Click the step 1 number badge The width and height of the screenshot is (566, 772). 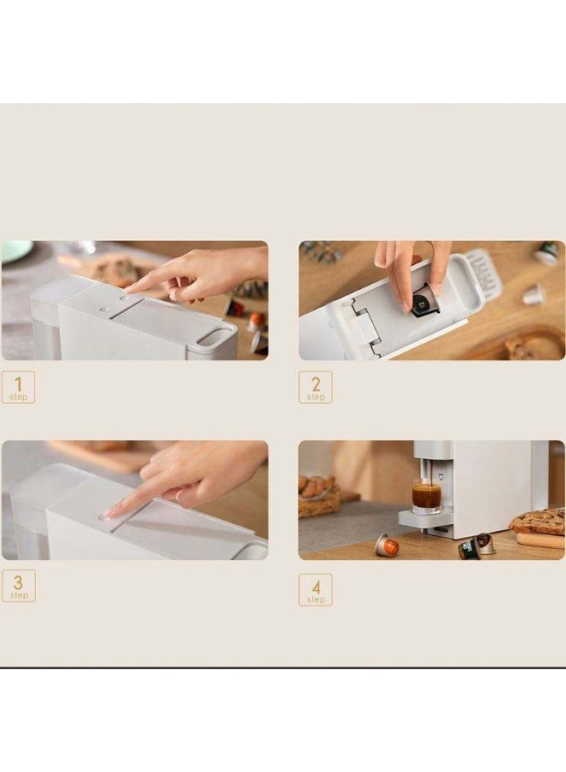click(x=18, y=387)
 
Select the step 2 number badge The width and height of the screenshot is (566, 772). click(x=316, y=387)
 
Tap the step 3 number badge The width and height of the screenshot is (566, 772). click(x=18, y=585)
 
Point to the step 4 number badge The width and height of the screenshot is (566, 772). click(x=316, y=589)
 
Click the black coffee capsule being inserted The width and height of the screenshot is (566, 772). click(x=422, y=304)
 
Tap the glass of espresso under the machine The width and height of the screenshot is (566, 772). click(x=426, y=496)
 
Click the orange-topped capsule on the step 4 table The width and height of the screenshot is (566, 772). click(x=387, y=546)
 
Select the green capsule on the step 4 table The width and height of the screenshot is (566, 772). click(x=469, y=549)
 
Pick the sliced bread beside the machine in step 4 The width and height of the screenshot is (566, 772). click(x=538, y=522)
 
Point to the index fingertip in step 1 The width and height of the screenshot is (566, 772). click(x=128, y=293)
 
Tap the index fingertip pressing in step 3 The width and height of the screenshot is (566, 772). click(x=111, y=515)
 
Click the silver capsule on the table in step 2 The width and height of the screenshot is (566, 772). click(x=534, y=295)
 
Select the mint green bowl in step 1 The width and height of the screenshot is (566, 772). click(x=15, y=250)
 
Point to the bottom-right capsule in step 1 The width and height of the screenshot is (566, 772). click(x=259, y=343)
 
